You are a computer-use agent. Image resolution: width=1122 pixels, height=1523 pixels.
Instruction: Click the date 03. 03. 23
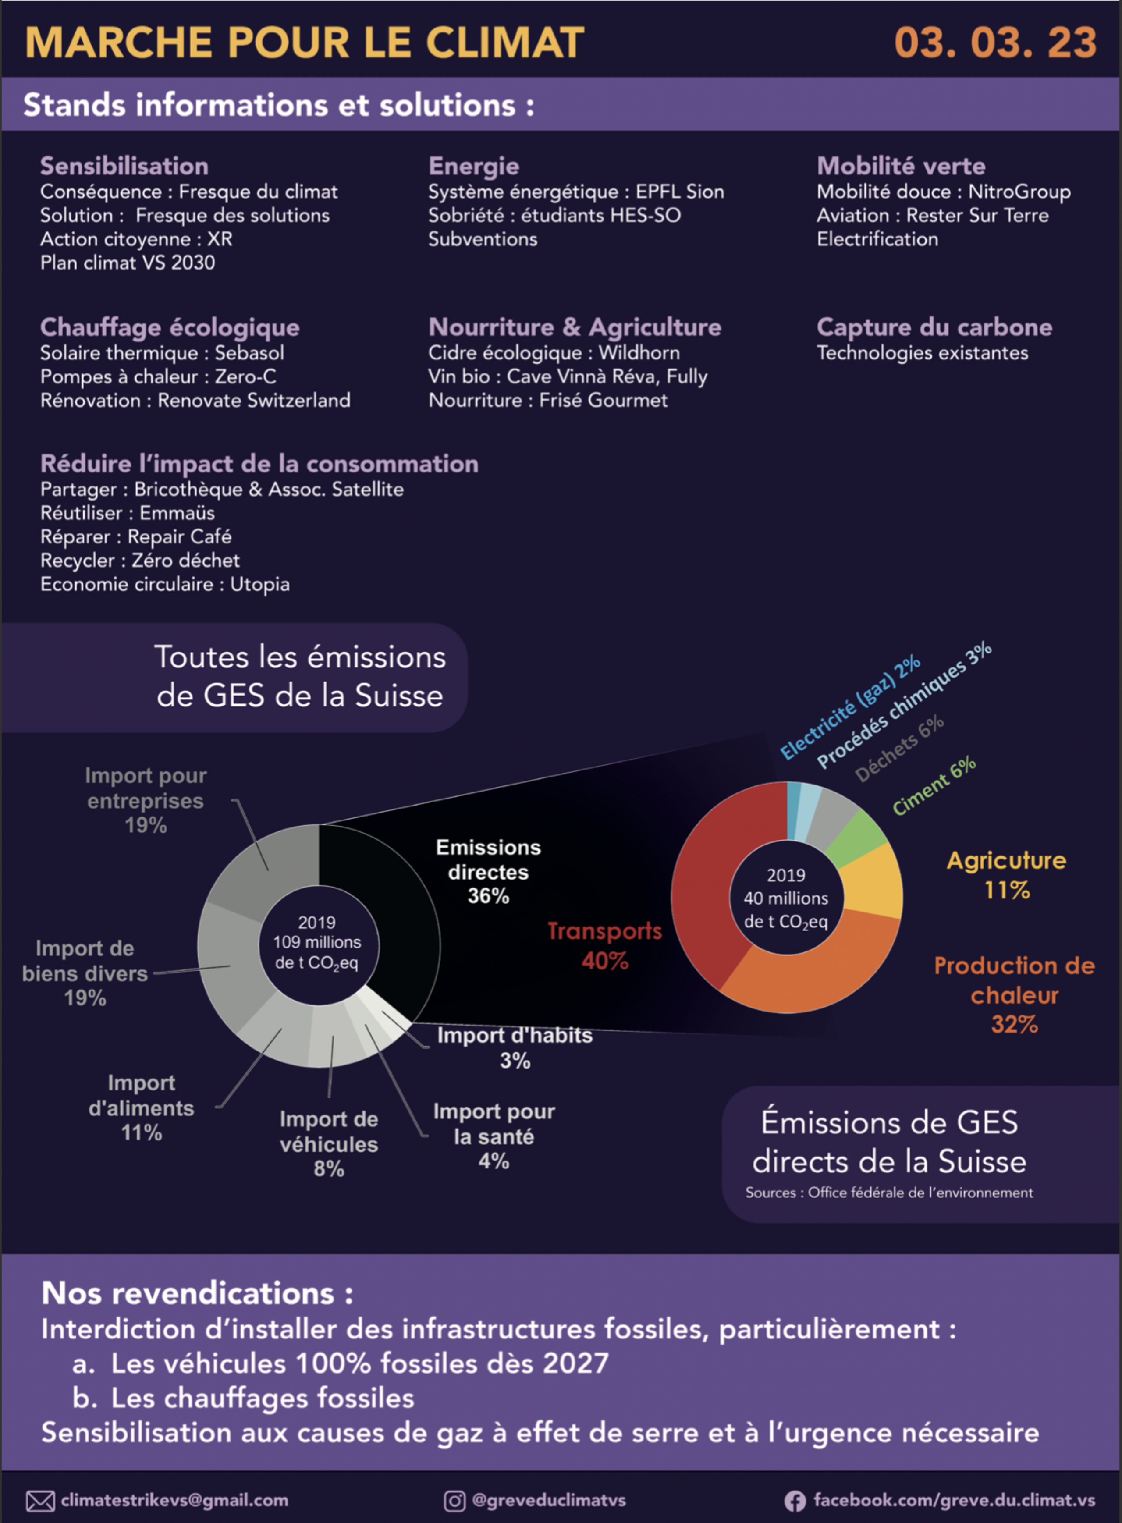coord(995,43)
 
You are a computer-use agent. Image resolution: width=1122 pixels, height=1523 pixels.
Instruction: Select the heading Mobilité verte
coord(901,166)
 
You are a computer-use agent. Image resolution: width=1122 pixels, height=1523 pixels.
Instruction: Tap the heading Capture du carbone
coord(934,327)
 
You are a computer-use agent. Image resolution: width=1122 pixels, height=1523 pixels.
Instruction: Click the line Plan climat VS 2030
coord(128,263)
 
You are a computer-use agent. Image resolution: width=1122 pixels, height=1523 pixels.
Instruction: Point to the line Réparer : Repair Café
coord(136,536)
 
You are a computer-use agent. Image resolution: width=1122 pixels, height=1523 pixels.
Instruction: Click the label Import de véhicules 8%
coord(329,1144)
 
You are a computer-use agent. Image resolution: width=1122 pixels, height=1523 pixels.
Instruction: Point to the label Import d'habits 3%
coord(515,1048)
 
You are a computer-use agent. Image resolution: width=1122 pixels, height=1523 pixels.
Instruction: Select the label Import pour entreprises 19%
coord(146,801)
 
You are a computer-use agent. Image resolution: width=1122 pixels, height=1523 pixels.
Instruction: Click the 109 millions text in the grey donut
coord(317,942)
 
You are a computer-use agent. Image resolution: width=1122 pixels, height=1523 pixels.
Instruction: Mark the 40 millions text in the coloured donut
coord(786,898)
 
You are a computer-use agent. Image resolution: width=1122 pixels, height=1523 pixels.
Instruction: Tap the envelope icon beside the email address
coord(40,1501)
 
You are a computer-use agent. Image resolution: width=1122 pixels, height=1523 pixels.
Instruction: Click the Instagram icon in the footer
coord(454,1501)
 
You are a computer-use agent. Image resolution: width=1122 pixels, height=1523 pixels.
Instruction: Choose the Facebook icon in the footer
coord(795,1501)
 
